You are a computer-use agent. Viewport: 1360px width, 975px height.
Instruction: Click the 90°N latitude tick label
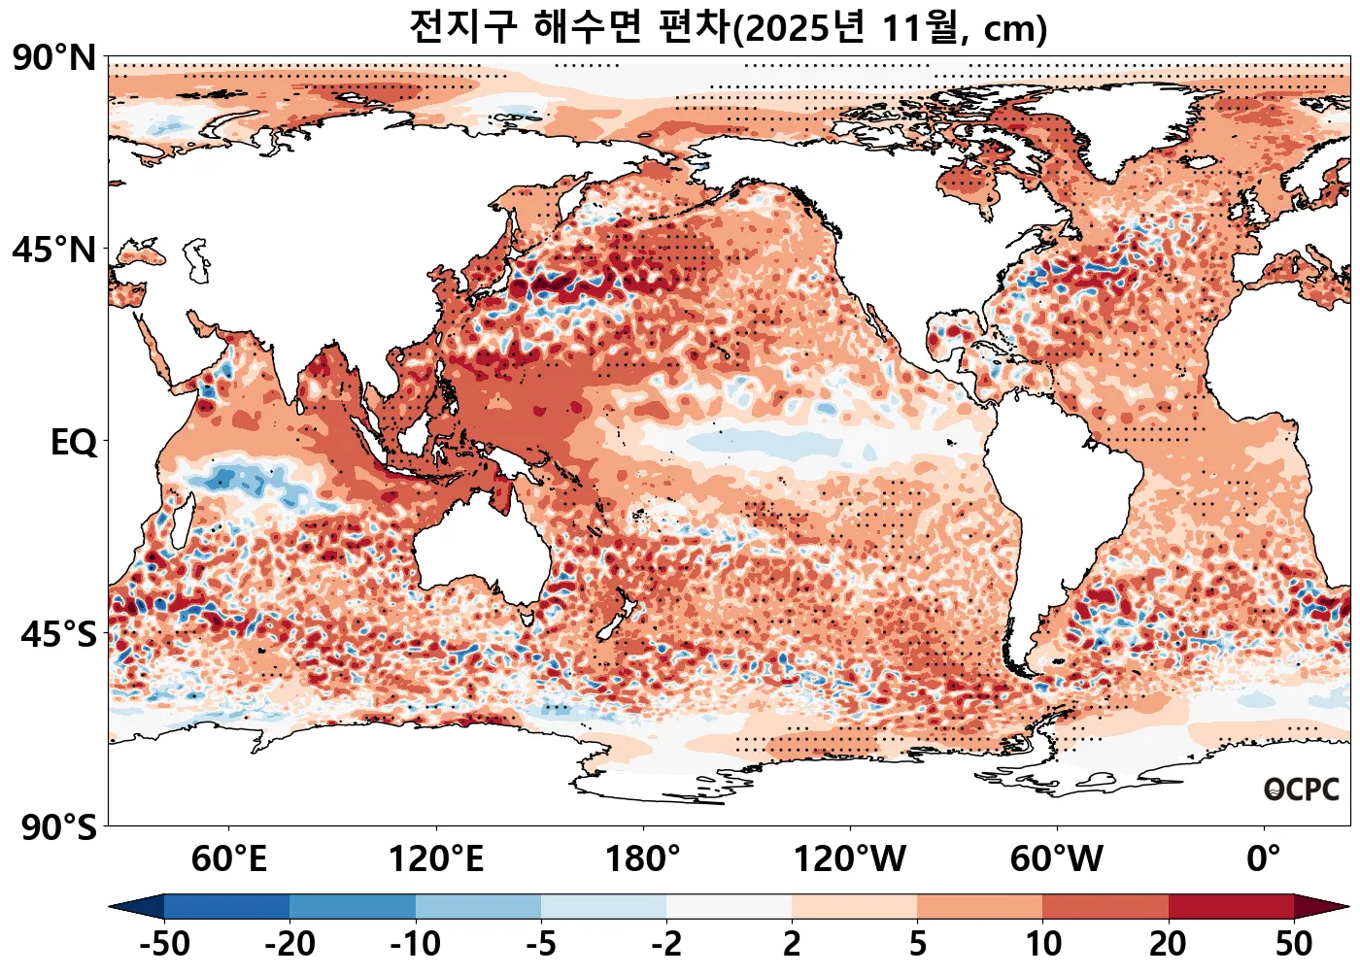pyautogui.click(x=54, y=58)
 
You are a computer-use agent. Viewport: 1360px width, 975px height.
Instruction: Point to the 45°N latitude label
pyautogui.click(x=54, y=251)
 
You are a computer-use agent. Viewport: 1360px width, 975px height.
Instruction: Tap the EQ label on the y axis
pyautogui.click(x=74, y=443)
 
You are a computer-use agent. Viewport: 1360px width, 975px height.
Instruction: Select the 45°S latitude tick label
pyautogui.click(x=58, y=635)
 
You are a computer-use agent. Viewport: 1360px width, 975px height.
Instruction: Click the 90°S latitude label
pyautogui.click(x=58, y=827)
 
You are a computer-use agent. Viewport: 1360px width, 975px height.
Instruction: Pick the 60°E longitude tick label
pyautogui.click(x=229, y=859)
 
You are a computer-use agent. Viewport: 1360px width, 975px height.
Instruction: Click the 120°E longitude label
pyautogui.click(x=436, y=859)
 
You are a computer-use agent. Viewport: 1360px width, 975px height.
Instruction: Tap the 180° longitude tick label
pyautogui.click(x=643, y=859)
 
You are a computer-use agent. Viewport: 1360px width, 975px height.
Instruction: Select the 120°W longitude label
pyautogui.click(x=850, y=859)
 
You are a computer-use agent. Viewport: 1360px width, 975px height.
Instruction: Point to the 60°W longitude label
pyautogui.click(x=1057, y=859)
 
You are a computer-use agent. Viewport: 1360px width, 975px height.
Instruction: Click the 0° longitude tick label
pyautogui.click(x=1264, y=859)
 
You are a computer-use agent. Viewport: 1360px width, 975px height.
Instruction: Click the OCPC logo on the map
pyautogui.click(x=1302, y=790)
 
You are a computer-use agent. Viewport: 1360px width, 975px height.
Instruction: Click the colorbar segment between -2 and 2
pyautogui.click(x=729, y=907)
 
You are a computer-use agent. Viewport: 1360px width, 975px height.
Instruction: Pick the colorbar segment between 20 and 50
pyautogui.click(x=1231, y=907)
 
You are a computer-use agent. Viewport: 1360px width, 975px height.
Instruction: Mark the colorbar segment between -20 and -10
pyautogui.click(x=353, y=907)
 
